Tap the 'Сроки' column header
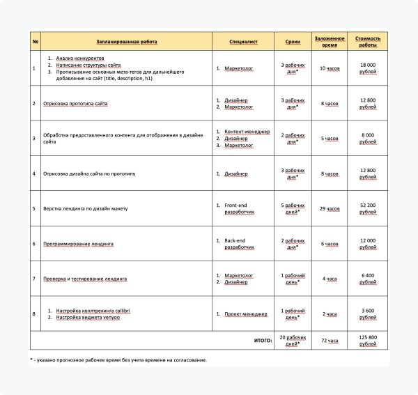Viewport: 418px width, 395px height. [x=293, y=42]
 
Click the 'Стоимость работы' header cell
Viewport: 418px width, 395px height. [x=367, y=42]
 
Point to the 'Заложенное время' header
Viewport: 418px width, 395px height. [x=329, y=42]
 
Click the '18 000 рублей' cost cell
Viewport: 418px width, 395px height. [x=367, y=68]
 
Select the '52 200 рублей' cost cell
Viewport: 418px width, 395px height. [x=367, y=208]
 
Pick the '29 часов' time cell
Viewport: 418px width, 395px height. [x=329, y=208]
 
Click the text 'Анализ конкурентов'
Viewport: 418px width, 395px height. [x=80, y=59]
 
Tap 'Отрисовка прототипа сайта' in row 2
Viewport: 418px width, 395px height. [x=76, y=104]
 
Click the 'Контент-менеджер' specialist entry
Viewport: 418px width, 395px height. [x=249, y=132]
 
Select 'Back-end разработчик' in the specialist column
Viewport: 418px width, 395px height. [x=241, y=244]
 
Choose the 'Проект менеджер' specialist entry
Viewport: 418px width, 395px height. [x=246, y=314]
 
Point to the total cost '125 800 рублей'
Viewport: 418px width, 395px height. [x=367, y=341]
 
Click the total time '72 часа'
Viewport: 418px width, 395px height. [x=329, y=341]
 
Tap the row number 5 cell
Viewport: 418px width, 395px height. [x=34, y=208]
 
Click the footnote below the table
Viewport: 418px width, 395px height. [x=118, y=360]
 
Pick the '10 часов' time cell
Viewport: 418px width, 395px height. [x=329, y=68]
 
